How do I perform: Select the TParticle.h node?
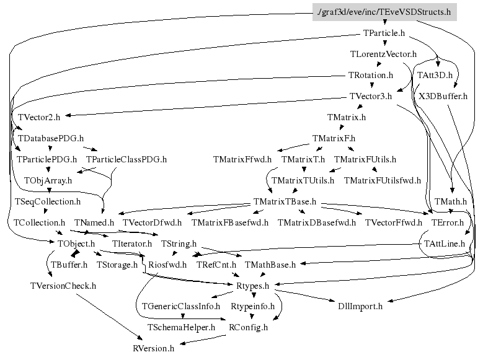point(384,33)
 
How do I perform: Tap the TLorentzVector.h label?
point(383,55)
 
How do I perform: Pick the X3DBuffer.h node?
point(443,96)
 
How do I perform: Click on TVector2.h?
point(39,117)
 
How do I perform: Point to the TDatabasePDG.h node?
point(51,138)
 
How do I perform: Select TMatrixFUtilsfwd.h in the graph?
point(382,180)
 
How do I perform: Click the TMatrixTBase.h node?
point(285,201)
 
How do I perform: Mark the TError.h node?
point(446,222)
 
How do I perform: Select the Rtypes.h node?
point(253,286)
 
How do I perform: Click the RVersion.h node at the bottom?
point(153,348)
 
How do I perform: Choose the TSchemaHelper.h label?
point(181,327)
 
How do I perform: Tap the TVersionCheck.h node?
point(63,286)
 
